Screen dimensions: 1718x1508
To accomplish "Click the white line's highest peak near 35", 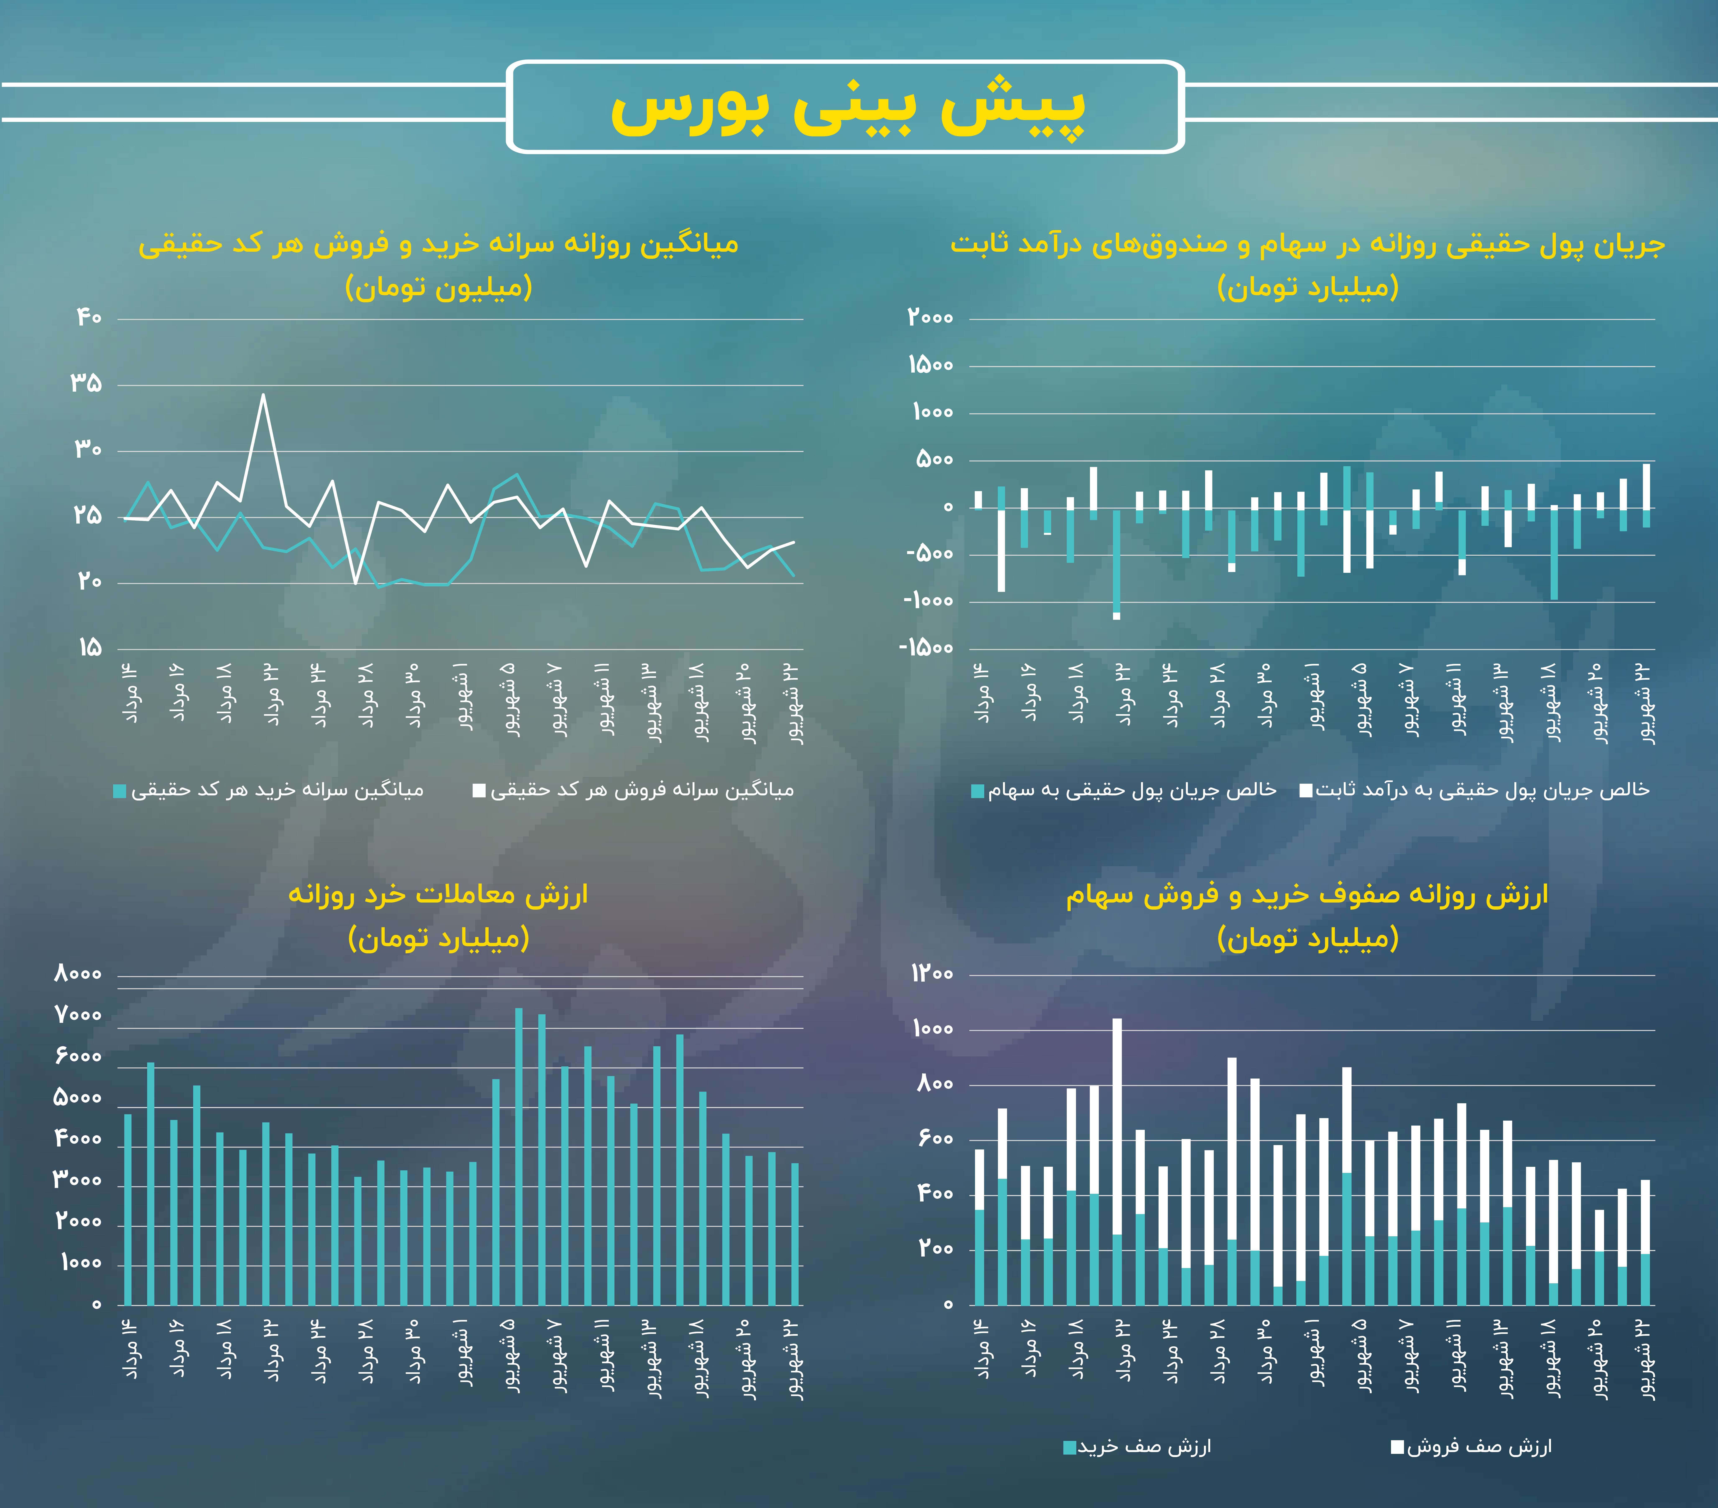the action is pyautogui.click(x=263, y=395).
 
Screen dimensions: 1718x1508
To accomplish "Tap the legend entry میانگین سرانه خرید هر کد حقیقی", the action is pyautogui.click(x=269, y=790).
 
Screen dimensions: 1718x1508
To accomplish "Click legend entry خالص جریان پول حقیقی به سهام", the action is pyautogui.click(x=1124, y=790).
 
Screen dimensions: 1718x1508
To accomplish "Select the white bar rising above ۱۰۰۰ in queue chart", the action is pyautogui.click(x=1117, y=1126).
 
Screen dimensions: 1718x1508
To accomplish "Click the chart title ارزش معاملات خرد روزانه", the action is pyautogui.click(x=438, y=894).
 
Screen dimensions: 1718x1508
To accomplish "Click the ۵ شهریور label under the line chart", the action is pyautogui.click(x=510, y=699).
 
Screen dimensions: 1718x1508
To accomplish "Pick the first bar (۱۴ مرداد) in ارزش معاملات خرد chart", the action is pyautogui.click(x=128, y=1210).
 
